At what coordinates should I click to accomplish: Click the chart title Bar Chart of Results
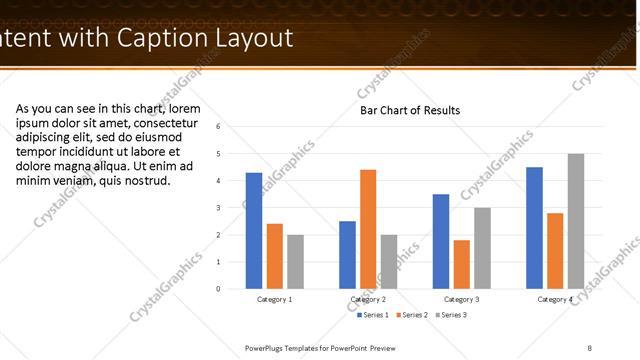410,110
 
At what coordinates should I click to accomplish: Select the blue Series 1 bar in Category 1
254,231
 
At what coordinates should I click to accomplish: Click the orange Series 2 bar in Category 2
368,229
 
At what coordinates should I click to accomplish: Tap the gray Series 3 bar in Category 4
576,221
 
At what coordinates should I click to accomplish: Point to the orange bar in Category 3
461,264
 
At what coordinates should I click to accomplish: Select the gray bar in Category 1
295,262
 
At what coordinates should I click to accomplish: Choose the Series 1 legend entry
375,315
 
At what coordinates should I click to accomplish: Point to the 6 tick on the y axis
232,127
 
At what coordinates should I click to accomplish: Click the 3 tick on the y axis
232,208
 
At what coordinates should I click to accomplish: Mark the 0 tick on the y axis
232,289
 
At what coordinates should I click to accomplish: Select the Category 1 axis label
274,299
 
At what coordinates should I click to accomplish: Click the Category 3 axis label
462,299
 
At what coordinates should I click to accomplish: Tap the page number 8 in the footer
589,347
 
